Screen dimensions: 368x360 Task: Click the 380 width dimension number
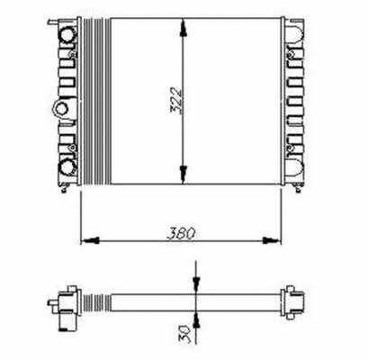pos(181,234)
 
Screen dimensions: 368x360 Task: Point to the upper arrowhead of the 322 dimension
pos(184,29)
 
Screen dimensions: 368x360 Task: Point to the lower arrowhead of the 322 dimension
pos(184,174)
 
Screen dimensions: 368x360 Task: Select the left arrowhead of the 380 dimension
pos(90,240)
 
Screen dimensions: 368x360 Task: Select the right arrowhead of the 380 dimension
pos(272,240)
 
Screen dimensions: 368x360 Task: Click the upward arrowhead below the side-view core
pos(196,319)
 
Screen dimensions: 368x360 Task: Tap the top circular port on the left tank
pos(67,35)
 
